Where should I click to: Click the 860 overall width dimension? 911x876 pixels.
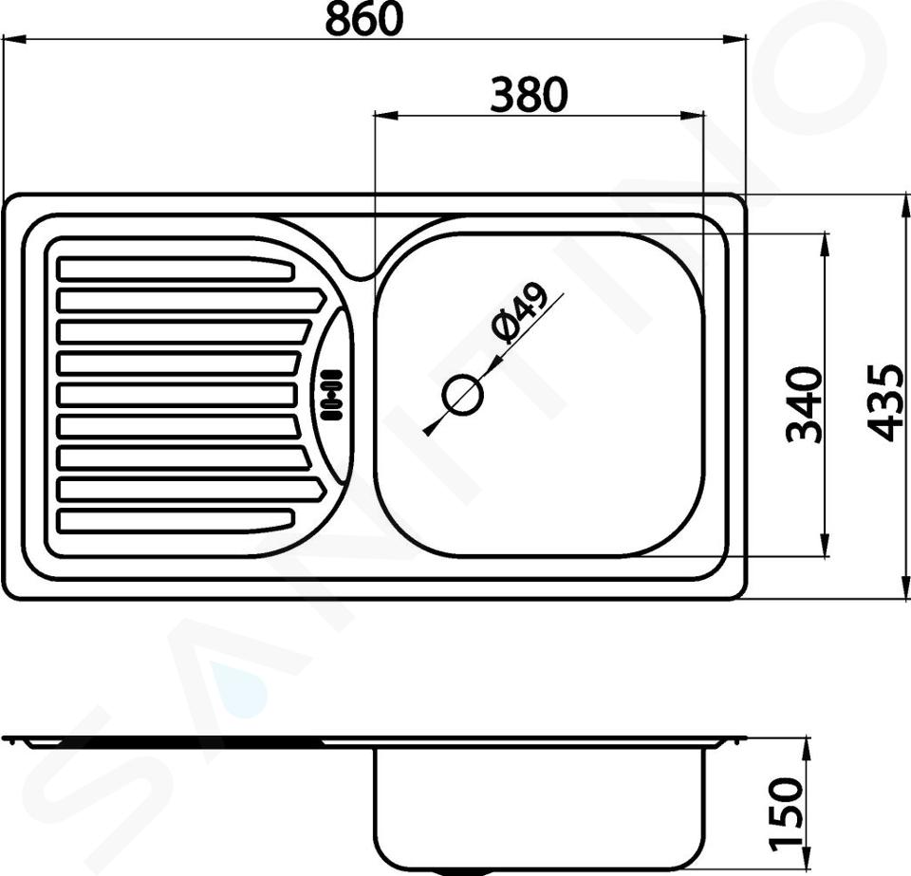[x=363, y=19]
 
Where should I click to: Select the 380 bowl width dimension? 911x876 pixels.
[x=529, y=95]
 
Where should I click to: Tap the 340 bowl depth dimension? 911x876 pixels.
[x=805, y=404]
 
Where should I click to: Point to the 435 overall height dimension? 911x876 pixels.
[x=885, y=402]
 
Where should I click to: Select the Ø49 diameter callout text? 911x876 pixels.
[x=519, y=313]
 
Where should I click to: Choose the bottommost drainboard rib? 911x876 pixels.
[x=177, y=520]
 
